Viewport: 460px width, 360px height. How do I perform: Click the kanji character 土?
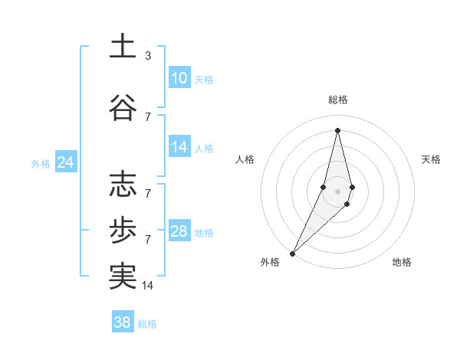123,47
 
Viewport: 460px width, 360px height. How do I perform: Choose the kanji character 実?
123,277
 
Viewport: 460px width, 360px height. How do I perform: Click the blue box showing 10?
179,78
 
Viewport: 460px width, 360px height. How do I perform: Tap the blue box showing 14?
179,147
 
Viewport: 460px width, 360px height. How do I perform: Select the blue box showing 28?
179,231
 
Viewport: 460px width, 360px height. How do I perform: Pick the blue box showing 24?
66,162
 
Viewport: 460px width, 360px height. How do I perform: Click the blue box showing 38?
123,322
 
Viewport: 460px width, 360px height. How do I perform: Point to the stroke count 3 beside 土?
148,56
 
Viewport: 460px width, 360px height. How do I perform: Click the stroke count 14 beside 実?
149,286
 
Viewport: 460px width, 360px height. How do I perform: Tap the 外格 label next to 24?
41,163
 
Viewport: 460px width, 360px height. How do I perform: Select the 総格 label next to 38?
147,324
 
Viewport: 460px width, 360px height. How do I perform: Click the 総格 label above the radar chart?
337,100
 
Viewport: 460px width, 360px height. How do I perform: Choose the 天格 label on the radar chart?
432,159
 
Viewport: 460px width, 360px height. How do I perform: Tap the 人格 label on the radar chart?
245,159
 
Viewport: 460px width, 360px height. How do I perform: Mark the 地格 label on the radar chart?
402,262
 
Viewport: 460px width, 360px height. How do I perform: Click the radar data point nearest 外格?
292,253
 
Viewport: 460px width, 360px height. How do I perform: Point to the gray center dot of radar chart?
337,191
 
